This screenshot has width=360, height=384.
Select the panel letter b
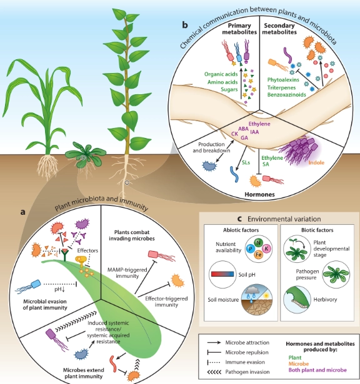[185, 26]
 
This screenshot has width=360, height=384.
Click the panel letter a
[23, 212]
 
